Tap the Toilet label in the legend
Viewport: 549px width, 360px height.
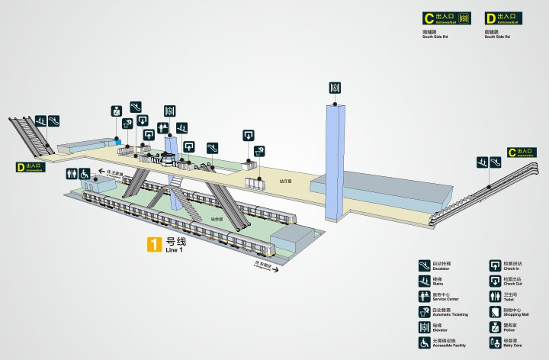pyautogui.click(x=510, y=299)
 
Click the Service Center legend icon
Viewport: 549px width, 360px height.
pyautogui.click(x=424, y=296)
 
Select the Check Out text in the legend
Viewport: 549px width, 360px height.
pyautogui.click(x=513, y=284)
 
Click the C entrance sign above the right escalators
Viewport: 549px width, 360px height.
pyautogui.click(x=521, y=152)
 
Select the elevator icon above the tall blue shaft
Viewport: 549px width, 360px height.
pyautogui.click(x=334, y=88)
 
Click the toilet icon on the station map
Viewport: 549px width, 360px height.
pyautogui.click(x=71, y=173)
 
